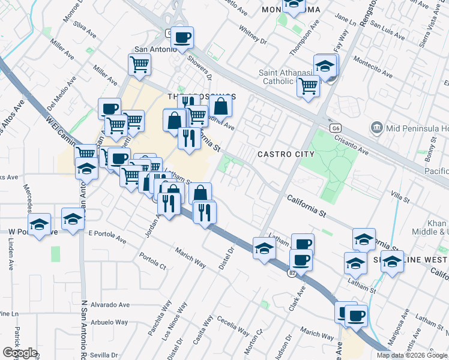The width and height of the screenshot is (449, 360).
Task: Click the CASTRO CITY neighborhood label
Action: click(x=286, y=154)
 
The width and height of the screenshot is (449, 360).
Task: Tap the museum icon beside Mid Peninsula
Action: click(x=377, y=127)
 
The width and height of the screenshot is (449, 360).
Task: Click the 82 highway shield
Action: click(x=292, y=273)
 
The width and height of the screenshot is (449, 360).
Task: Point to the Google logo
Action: click(x=20, y=353)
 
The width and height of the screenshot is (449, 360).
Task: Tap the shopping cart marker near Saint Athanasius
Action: click(x=309, y=87)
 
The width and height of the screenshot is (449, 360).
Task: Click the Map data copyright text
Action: click(x=412, y=355)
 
